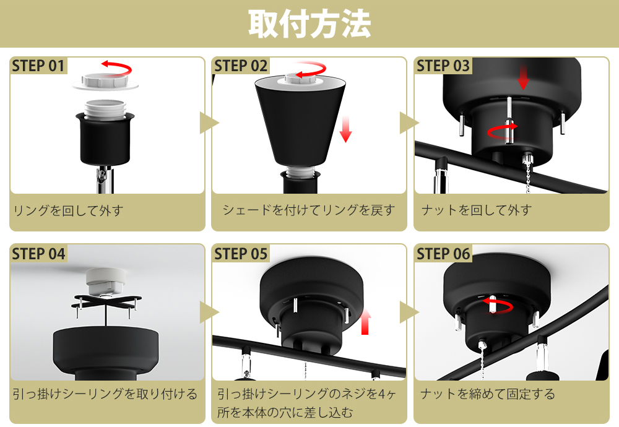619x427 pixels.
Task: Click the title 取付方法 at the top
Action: tap(309, 24)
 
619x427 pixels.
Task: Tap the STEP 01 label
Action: tap(38, 66)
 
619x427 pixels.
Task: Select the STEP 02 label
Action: tap(241, 66)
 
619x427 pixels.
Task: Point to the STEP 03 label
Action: tap(443, 66)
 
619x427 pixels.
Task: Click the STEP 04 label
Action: tap(38, 254)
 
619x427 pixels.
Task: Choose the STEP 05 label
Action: tap(241, 254)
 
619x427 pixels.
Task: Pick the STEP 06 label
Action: tap(443, 254)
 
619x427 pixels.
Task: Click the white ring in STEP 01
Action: tap(105, 82)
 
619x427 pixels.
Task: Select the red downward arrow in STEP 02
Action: tap(346, 129)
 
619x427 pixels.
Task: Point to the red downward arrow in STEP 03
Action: tap(524, 77)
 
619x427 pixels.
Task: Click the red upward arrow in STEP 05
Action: tap(365, 322)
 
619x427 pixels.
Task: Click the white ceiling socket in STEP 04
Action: tap(105, 282)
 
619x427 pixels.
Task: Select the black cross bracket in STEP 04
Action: tap(106, 303)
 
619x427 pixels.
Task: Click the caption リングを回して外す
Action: tap(68, 211)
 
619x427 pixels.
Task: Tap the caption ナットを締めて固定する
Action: tap(488, 394)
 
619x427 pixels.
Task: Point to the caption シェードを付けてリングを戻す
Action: tap(309, 210)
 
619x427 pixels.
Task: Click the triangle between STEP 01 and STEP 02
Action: tap(209, 123)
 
